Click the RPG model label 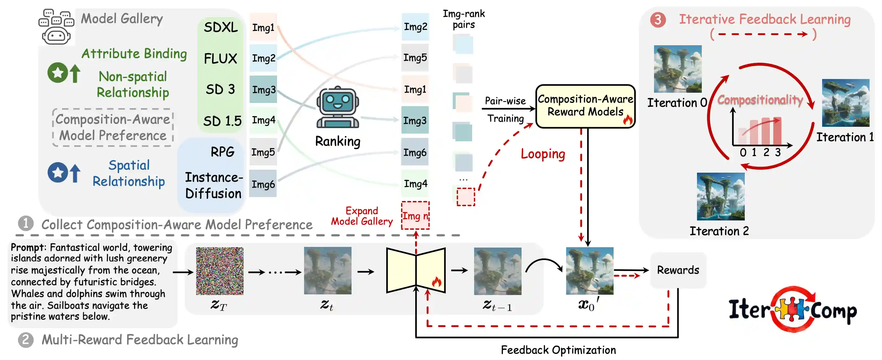pyautogui.click(x=223, y=152)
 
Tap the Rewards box pyautogui.click(x=678, y=270)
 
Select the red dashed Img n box pyautogui.click(x=415, y=216)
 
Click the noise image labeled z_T pyautogui.click(x=219, y=271)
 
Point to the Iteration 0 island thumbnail pyautogui.click(x=677, y=69)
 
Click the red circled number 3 pyautogui.click(x=658, y=20)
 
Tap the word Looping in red pyautogui.click(x=543, y=154)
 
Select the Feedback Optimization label pyautogui.click(x=558, y=350)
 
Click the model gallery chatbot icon pyautogui.click(x=56, y=27)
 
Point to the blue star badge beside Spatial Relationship pyautogui.click(x=57, y=172)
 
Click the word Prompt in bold pyautogui.click(x=27, y=247)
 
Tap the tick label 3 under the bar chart pyautogui.click(x=778, y=152)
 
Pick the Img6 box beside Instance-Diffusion pyautogui.click(x=263, y=184)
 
